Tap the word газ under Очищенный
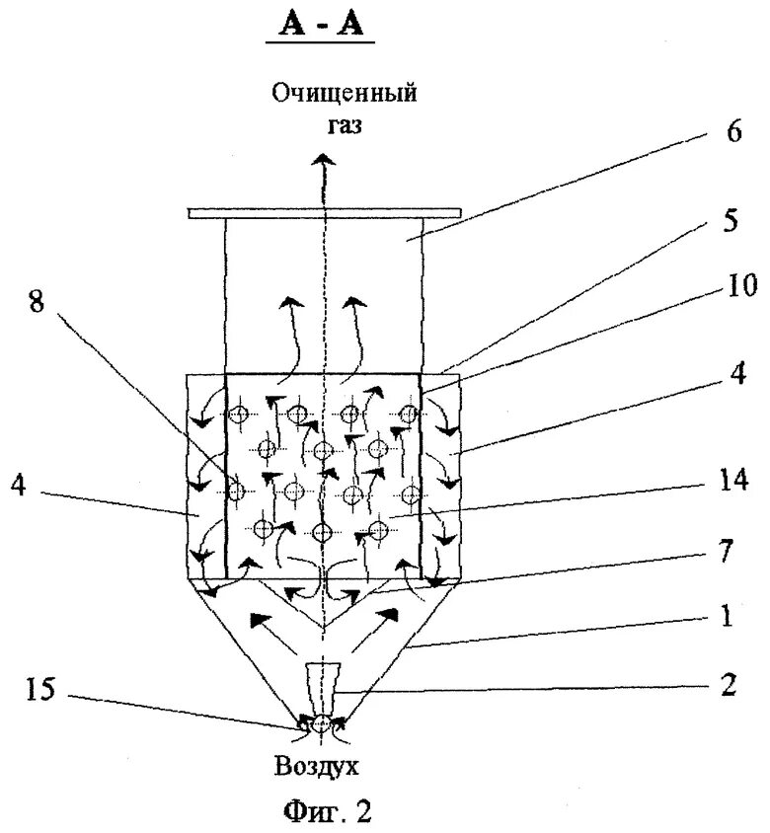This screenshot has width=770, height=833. [345, 125]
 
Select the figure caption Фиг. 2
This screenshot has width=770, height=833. [324, 813]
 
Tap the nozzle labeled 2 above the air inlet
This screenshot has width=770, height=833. [322, 687]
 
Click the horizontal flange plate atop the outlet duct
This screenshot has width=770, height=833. [324, 213]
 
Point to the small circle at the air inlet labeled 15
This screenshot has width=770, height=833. [322, 725]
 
